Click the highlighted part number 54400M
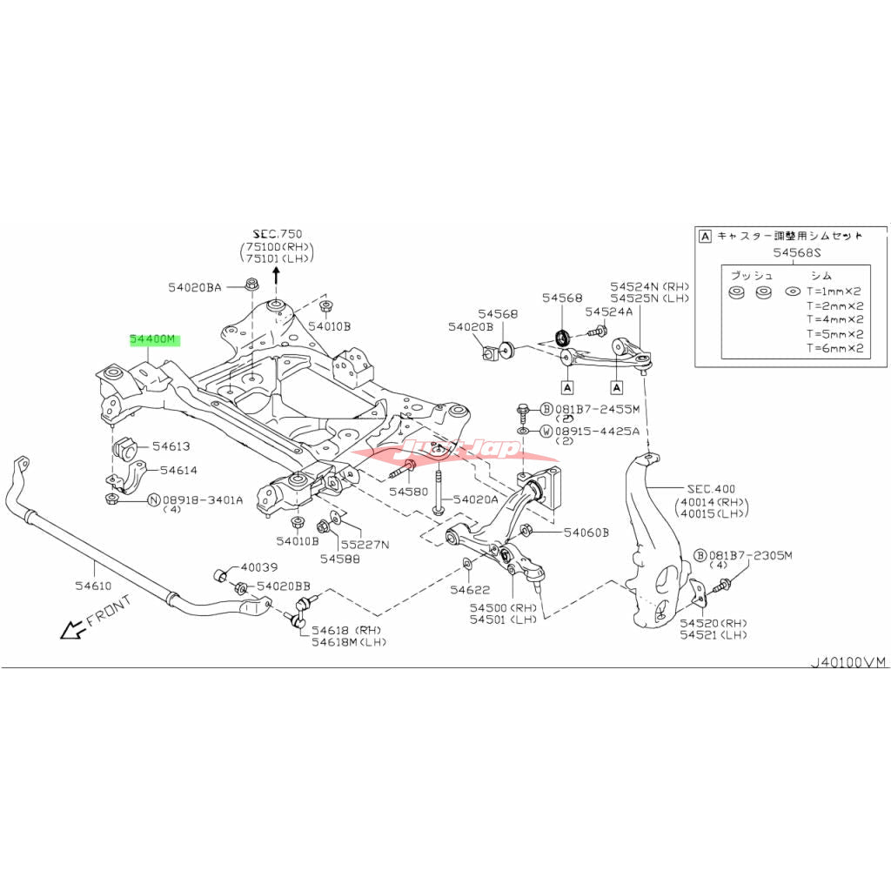[x=153, y=341]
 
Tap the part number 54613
[x=171, y=446]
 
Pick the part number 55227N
[x=365, y=545]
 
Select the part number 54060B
[x=586, y=533]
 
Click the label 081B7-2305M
[x=751, y=555]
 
